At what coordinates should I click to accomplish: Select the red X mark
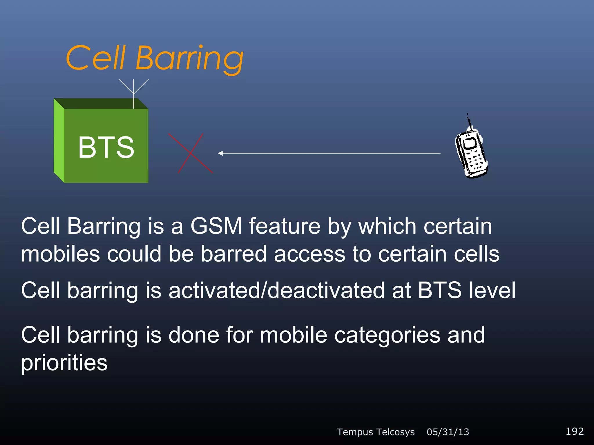pyautogui.click(x=191, y=153)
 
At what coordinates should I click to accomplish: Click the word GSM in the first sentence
pyautogui.click(x=216, y=226)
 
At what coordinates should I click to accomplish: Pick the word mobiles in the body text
pyautogui.click(x=61, y=254)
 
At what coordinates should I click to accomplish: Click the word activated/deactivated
pyautogui.click(x=276, y=290)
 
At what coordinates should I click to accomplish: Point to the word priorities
pyautogui.click(x=64, y=363)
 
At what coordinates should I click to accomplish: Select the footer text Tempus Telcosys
pyautogui.click(x=376, y=432)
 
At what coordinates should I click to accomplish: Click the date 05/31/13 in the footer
pyautogui.click(x=448, y=432)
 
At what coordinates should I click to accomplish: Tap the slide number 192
pyautogui.click(x=575, y=431)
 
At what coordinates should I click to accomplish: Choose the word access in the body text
pyautogui.click(x=309, y=254)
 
